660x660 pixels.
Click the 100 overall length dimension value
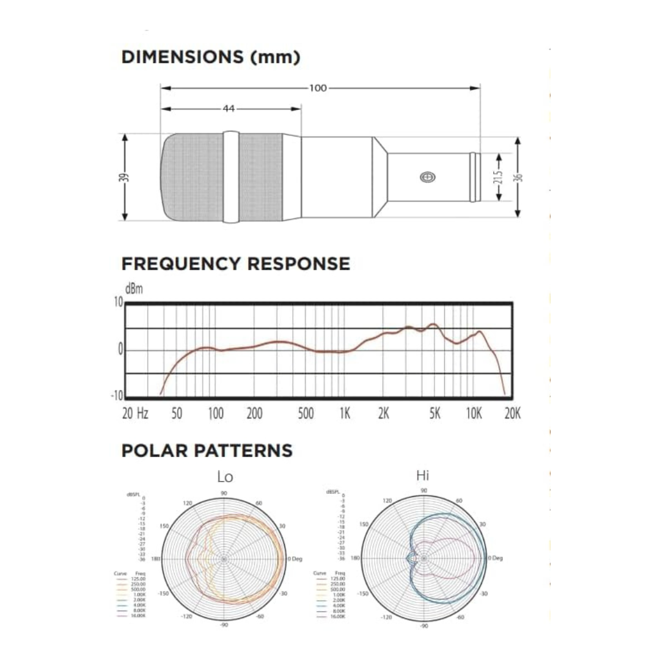(318, 88)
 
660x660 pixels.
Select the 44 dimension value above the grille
(229, 109)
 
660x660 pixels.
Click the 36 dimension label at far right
(519, 177)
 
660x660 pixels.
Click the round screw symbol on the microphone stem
(428, 177)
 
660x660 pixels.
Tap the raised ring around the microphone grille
(230, 177)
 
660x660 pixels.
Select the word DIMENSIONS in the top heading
(182, 57)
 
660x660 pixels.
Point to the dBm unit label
(134, 289)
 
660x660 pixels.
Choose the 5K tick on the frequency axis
(435, 414)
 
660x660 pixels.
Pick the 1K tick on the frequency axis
(344, 414)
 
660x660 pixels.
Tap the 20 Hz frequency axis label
(135, 414)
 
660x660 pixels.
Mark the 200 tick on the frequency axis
(254, 414)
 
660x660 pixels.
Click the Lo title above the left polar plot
(225, 477)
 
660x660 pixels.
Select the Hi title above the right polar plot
(422, 475)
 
